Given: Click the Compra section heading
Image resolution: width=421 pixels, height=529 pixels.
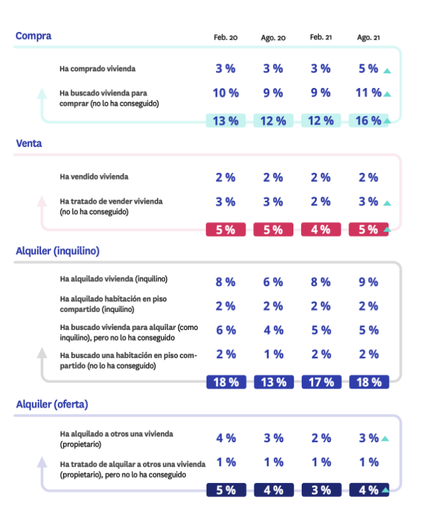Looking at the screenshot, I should point(33,36).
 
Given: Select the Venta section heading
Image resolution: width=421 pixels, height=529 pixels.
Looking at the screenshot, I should point(29,144).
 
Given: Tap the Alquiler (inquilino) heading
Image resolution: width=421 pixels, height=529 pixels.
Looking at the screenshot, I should point(57,251).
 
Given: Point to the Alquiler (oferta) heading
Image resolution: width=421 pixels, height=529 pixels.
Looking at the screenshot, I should point(52,404).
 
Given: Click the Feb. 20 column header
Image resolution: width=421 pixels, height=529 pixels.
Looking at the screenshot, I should point(225,38).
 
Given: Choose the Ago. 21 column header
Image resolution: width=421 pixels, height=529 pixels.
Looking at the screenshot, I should point(368,38).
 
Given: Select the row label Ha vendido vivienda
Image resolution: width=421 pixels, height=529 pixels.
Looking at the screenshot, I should point(94,177).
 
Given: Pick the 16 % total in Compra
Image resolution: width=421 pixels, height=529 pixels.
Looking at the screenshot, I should point(367,121).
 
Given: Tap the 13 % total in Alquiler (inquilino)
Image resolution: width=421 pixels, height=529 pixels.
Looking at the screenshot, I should point(273,382).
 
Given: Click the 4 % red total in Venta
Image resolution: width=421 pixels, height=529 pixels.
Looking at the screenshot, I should point(321,230).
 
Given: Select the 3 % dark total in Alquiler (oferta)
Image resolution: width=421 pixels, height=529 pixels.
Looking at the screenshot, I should point(321,490).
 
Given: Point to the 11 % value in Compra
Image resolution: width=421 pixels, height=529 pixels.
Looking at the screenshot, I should point(367,93).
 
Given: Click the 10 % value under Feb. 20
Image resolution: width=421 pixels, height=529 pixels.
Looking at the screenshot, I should point(225,93).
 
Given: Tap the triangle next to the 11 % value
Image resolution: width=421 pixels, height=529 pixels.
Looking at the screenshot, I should point(387,94).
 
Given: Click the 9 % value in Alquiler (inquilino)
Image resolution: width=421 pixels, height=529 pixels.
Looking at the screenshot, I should point(368,282).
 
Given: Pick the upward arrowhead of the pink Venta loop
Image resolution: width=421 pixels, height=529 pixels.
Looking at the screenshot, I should point(42,201).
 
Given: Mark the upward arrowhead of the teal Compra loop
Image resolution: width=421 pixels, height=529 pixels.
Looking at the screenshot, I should point(42,93).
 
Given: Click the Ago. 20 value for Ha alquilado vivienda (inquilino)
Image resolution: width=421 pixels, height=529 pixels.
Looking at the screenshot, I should point(273,282).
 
